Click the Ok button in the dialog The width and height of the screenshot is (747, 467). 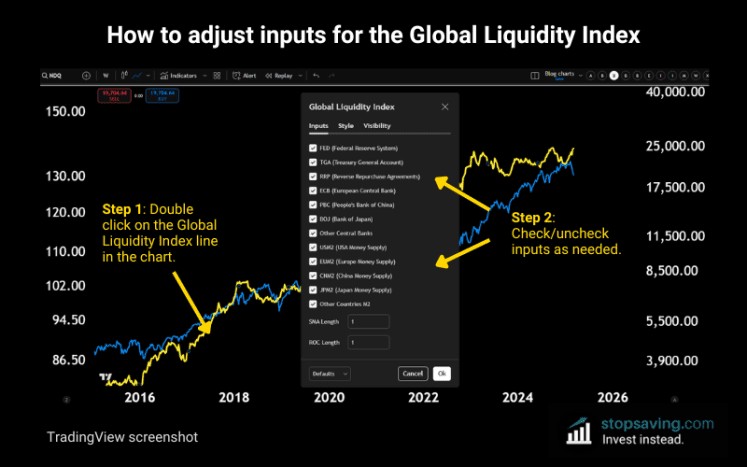pos(441,373)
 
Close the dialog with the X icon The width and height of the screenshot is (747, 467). pos(445,105)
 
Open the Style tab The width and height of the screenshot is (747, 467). pos(345,126)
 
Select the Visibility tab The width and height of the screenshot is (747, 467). pos(377,126)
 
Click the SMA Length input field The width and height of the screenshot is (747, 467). pos(368,321)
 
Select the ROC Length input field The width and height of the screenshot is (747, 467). pos(368,342)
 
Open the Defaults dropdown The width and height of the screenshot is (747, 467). pos(330,373)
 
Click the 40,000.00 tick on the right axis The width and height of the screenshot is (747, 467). pos(677,92)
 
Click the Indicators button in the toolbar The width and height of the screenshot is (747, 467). pos(180,75)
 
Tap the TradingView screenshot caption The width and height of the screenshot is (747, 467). pos(121,437)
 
